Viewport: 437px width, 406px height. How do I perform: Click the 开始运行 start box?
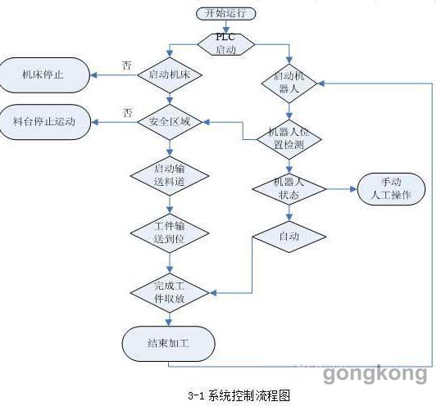[225, 13]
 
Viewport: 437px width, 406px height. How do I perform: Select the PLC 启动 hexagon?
[226, 44]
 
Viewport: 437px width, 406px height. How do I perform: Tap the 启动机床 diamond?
[170, 74]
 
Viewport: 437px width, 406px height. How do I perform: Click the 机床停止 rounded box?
[43, 74]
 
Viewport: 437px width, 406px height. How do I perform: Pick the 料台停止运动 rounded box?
[44, 122]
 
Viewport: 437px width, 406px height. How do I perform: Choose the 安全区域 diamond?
[170, 122]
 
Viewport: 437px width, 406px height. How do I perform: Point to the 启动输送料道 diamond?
[170, 176]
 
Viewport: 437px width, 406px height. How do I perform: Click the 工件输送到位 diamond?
[170, 233]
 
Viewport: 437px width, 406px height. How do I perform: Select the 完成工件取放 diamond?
[170, 293]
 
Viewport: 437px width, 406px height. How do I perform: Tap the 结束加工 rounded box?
[168, 344]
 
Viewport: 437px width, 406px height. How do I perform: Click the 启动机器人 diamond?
[289, 83]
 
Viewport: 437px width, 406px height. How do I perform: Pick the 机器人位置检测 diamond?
[289, 139]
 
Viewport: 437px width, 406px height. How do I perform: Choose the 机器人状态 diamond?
[289, 189]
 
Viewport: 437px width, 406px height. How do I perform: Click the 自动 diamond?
[289, 237]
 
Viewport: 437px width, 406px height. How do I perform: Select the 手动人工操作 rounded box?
[391, 189]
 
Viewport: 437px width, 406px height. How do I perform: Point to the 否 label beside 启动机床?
[127, 65]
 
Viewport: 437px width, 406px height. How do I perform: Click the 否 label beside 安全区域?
[128, 113]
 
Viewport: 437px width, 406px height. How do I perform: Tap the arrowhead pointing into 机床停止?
[93, 74]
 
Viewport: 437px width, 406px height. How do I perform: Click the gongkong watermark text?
[375, 374]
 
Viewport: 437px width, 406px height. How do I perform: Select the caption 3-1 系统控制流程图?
[239, 395]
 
